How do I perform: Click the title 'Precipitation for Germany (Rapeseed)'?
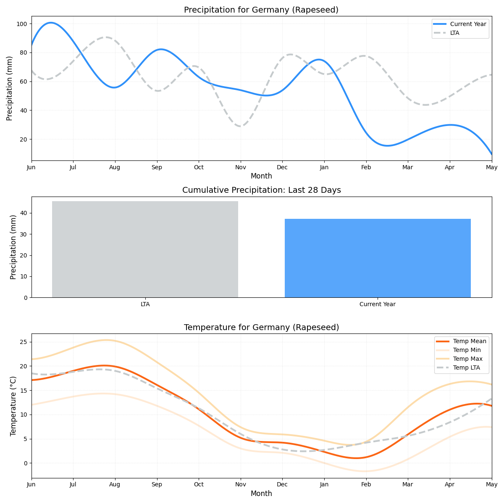[x=261, y=10]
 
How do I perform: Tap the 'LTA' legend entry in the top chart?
[x=454, y=33]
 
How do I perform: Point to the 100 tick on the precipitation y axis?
[x=21, y=24]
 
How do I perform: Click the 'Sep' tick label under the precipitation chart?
[x=157, y=167]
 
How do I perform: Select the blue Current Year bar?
[x=378, y=258]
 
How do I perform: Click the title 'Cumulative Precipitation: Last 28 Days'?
[x=261, y=190]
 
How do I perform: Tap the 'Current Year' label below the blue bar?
[x=378, y=304]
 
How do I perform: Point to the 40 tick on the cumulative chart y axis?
[x=24, y=213]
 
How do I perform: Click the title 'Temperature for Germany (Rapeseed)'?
[x=261, y=328]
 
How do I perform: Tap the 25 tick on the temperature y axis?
[x=23, y=342]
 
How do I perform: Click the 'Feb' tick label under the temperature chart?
[x=366, y=485]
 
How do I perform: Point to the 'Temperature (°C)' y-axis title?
[x=13, y=406]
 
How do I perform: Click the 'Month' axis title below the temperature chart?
[x=261, y=494]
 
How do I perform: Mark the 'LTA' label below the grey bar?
[x=145, y=304]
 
